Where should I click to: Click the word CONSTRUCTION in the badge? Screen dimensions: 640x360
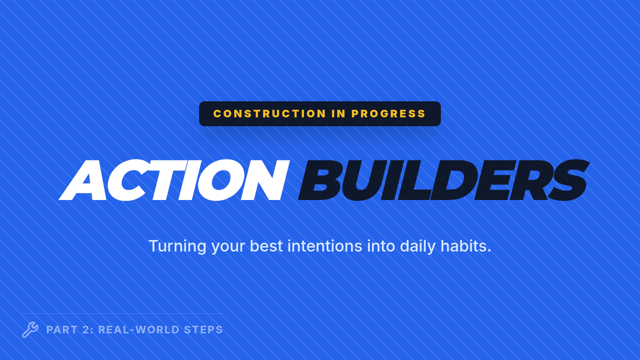269,114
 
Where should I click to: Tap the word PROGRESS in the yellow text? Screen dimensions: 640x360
389,114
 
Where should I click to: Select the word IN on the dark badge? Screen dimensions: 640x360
339,114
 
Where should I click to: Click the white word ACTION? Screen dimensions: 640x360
174,180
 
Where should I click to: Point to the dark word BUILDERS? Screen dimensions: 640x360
444,180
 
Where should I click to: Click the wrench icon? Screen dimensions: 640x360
30,330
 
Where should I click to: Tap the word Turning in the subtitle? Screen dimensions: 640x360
178,246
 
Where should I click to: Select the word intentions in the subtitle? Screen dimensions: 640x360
325,246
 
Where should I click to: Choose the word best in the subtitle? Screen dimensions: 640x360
266,246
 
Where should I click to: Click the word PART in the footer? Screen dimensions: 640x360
62,330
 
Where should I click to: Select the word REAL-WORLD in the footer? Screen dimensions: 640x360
139,330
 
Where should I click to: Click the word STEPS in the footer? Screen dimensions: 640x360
203,330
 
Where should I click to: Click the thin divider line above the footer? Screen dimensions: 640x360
122,314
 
